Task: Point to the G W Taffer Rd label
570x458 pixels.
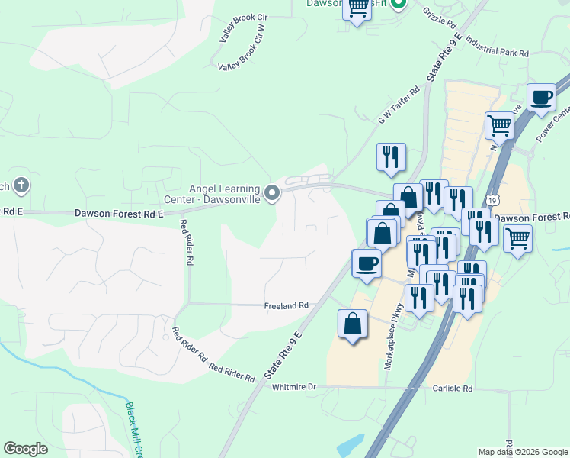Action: (399, 105)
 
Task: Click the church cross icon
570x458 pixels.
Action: (21, 185)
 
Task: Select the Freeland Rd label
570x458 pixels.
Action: (286, 305)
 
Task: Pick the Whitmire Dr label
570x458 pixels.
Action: (293, 387)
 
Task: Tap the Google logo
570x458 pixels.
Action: (25, 449)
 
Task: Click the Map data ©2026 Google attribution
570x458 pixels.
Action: (522, 452)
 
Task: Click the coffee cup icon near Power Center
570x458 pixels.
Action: (541, 97)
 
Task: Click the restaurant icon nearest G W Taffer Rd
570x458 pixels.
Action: (391, 157)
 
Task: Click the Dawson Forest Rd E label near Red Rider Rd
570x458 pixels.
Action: (119, 214)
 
